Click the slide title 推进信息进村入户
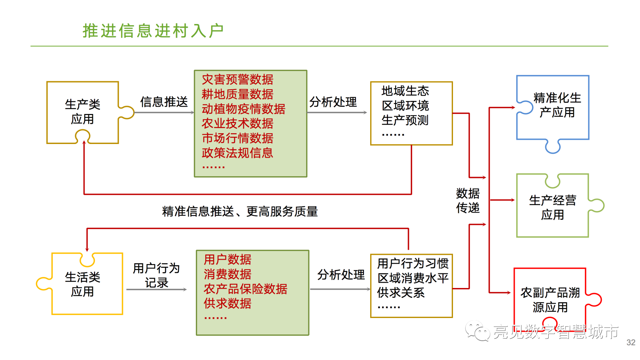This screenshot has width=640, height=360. pyautogui.click(x=153, y=31)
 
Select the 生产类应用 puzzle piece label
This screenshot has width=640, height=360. pyautogui.click(x=82, y=111)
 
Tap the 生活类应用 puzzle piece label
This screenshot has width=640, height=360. pyautogui.click(x=82, y=284)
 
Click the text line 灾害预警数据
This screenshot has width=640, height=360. pyautogui.click(x=238, y=80)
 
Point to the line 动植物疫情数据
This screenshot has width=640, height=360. pyautogui.click(x=244, y=109)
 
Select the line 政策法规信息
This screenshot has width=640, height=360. pyautogui.click(x=238, y=153)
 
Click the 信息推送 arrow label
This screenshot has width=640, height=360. pyautogui.click(x=164, y=102)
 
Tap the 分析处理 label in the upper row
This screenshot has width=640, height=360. pyautogui.click(x=333, y=102)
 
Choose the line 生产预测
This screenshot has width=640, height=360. pyautogui.click(x=405, y=120)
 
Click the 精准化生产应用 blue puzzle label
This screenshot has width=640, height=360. pyautogui.click(x=557, y=105)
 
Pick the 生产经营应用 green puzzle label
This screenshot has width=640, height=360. pyautogui.click(x=552, y=207)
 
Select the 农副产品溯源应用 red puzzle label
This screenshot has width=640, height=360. pyautogui.click(x=550, y=300)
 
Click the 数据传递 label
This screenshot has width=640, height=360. pyautogui.click(x=468, y=201)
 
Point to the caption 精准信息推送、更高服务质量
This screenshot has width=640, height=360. pyautogui.click(x=240, y=212)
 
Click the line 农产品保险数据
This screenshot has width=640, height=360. pyautogui.click(x=245, y=289)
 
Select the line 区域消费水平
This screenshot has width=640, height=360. pyautogui.click(x=413, y=278)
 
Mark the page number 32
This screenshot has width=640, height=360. pyautogui.click(x=631, y=343)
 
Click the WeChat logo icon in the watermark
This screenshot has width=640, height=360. pyautogui.click(x=477, y=331)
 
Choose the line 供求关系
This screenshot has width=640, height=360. pyautogui.click(x=401, y=293)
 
